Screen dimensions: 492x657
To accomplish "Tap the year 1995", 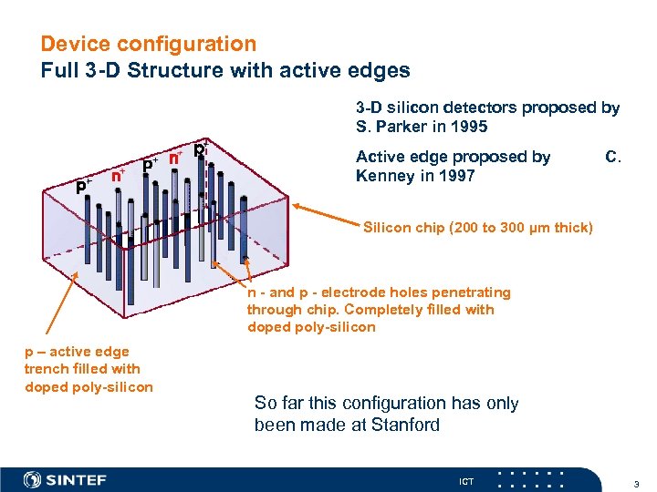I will [469, 126].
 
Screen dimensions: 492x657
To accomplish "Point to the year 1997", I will [456, 175].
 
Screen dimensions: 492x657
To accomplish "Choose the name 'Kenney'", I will [385, 175].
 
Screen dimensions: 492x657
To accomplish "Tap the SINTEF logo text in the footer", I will [77, 479].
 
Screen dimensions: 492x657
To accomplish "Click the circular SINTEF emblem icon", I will [32, 479].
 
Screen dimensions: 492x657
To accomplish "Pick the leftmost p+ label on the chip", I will [84, 185].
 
